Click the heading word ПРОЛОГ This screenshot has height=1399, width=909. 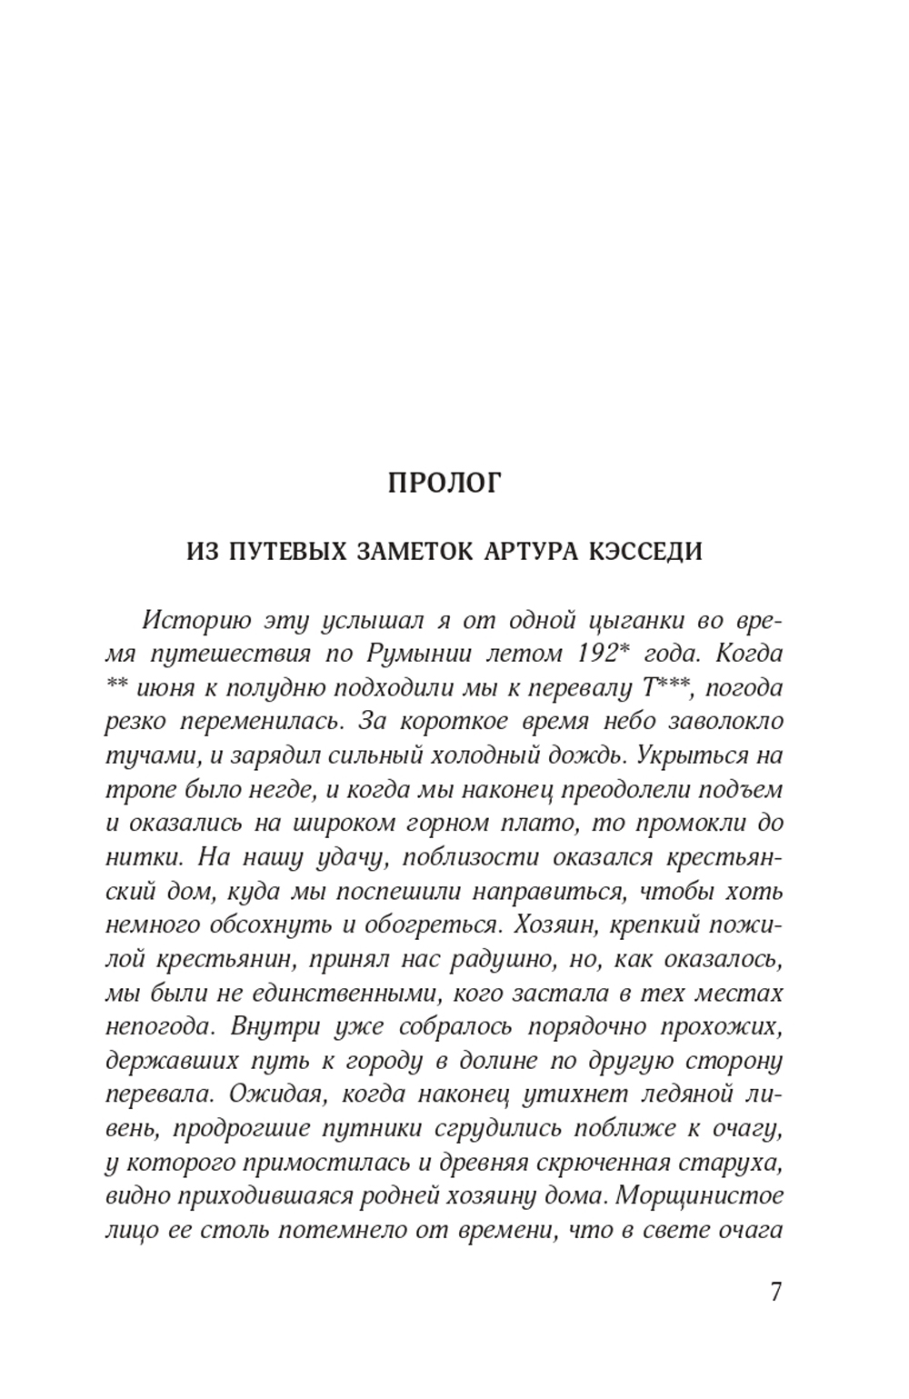444,483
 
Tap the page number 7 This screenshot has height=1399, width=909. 774,1292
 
